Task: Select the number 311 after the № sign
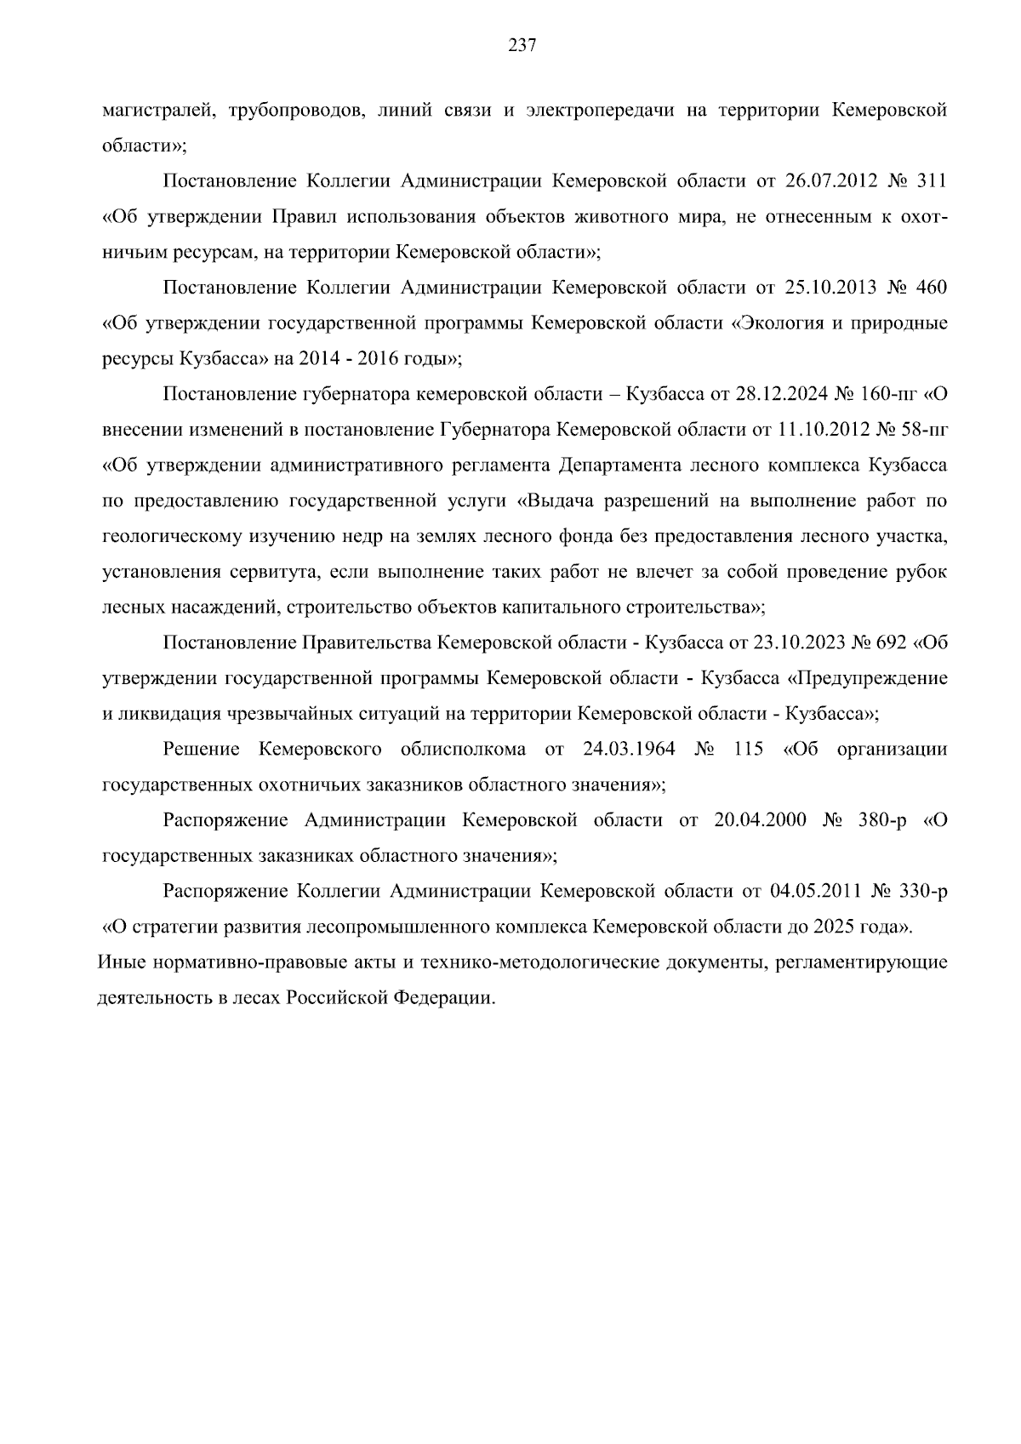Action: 931,181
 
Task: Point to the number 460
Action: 931,288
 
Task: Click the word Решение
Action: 199,750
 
